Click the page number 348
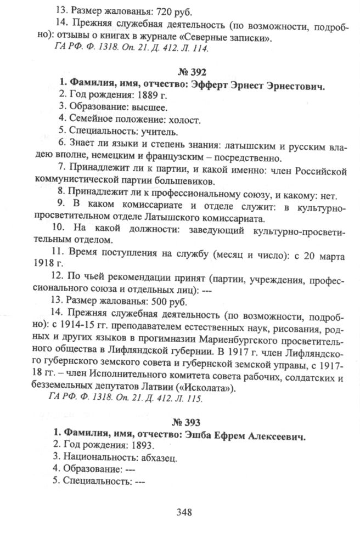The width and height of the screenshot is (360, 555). click(x=183, y=513)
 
